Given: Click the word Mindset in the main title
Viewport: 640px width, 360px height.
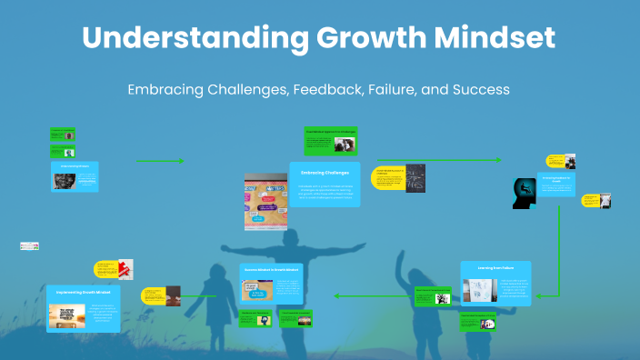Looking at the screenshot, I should click(x=492, y=39).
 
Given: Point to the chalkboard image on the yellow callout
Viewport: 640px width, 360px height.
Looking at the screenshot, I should click(x=415, y=179).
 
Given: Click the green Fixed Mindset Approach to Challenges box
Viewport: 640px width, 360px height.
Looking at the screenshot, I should click(x=330, y=142).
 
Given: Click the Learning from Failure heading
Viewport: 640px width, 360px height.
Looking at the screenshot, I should click(x=495, y=267).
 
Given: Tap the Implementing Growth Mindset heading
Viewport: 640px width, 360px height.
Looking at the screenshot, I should click(x=84, y=293).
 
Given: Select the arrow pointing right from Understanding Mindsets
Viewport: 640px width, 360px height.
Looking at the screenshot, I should click(x=160, y=161).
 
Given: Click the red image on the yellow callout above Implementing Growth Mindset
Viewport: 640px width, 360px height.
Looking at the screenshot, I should click(x=123, y=268).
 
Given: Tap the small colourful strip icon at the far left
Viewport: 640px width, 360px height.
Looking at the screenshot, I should click(x=29, y=245).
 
